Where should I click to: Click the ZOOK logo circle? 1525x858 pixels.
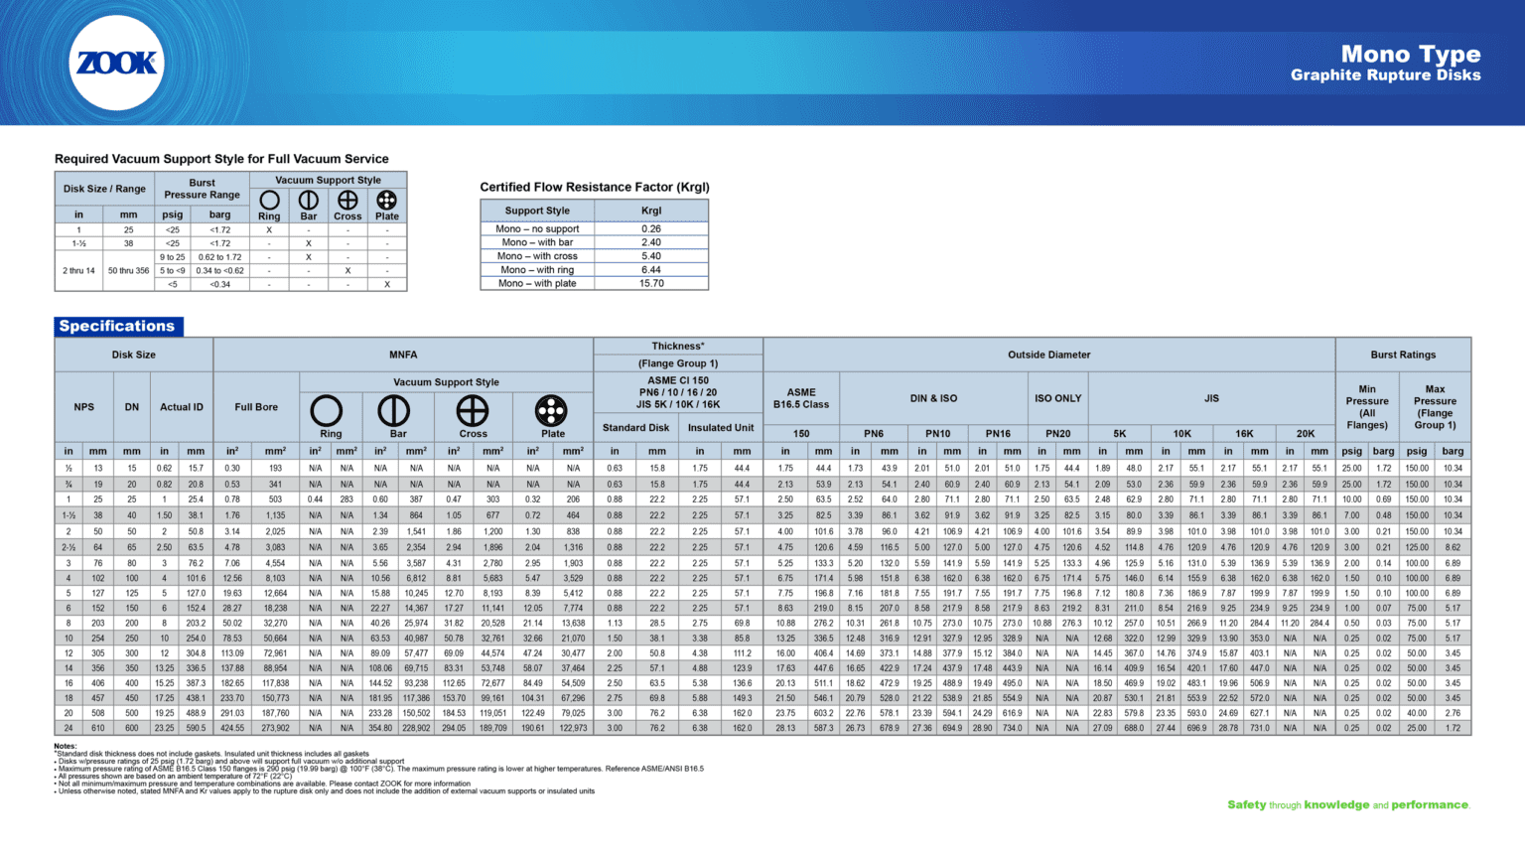pos(117,63)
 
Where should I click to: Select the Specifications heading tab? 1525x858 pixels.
pos(117,326)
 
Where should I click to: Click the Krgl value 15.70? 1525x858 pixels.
pos(651,284)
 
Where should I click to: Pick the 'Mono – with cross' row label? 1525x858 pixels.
pos(537,256)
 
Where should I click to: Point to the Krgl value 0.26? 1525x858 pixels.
pos(651,228)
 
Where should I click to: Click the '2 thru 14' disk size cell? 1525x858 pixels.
pos(78,270)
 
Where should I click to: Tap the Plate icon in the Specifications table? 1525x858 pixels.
pos(551,410)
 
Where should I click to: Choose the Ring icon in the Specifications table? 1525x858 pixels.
pos(327,410)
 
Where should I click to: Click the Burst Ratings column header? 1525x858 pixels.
pos(1403,355)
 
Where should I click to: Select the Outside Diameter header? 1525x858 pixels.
pos(1048,355)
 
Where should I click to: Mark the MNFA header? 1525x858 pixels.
pos(403,355)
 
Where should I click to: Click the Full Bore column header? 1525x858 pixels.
pos(256,407)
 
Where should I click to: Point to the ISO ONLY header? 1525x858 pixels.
pos(1057,398)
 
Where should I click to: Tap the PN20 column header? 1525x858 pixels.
pos(1057,434)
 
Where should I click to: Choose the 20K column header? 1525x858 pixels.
pos(1305,434)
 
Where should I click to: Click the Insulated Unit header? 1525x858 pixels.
pos(721,428)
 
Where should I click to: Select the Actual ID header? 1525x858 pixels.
pos(182,407)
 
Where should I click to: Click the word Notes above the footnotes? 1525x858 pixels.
pos(65,746)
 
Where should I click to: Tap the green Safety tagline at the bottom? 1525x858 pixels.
pos(1347,805)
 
